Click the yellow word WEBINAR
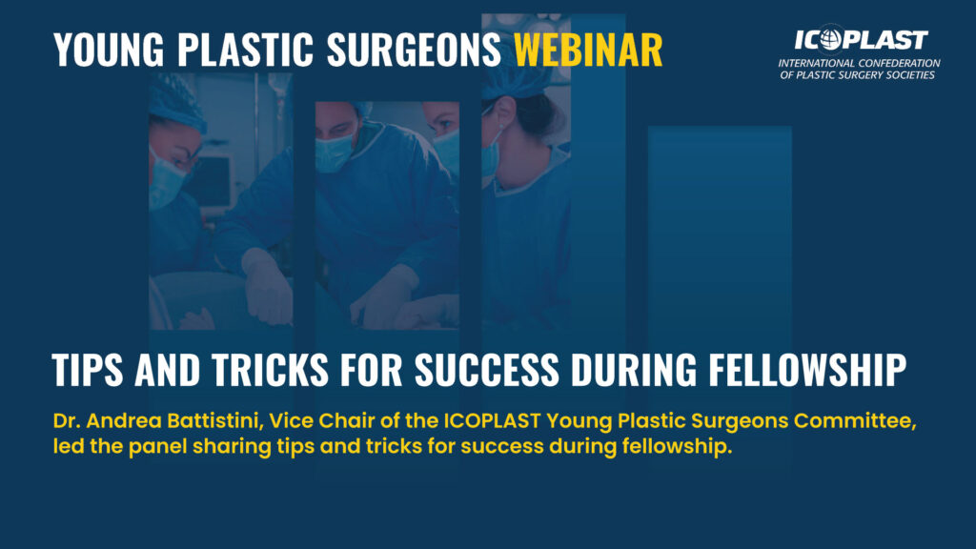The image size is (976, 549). [588, 50]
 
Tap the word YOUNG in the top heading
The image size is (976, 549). [109, 50]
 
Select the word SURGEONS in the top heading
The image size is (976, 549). [414, 50]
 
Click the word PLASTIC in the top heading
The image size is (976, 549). [245, 50]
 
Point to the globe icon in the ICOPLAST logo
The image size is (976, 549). [830, 39]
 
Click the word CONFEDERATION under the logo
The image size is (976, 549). [899, 63]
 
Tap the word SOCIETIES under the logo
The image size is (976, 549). [910, 75]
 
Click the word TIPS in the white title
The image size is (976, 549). [87, 370]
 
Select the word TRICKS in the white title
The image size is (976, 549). [270, 370]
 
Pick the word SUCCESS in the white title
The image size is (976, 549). [487, 370]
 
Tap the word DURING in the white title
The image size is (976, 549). [634, 370]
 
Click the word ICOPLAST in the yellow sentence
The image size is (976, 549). [492, 421]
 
